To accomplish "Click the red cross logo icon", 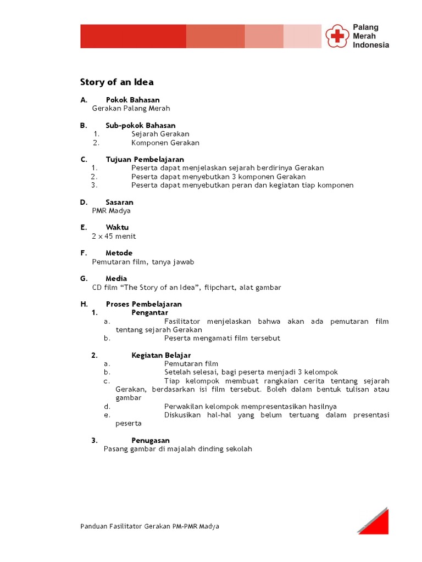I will click(x=337, y=36).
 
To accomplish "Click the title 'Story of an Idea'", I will click(x=117, y=82).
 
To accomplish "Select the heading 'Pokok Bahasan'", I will click(x=132, y=100).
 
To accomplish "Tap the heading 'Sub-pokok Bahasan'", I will click(x=141, y=126).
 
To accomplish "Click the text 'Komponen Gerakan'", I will click(x=165, y=143).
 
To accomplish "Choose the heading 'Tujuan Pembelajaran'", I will click(x=145, y=159).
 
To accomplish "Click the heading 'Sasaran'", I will click(x=120, y=202).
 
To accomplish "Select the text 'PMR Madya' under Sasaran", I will click(x=112, y=211).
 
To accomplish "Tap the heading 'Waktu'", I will click(x=118, y=227).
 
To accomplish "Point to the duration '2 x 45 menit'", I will click(x=114, y=236).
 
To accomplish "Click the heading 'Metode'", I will click(x=119, y=253).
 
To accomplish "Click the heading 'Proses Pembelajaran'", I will click(x=144, y=304).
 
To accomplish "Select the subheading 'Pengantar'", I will click(x=149, y=312).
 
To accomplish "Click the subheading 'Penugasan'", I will click(x=151, y=440).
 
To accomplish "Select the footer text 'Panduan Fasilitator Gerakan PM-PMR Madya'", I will click(x=149, y=526).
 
